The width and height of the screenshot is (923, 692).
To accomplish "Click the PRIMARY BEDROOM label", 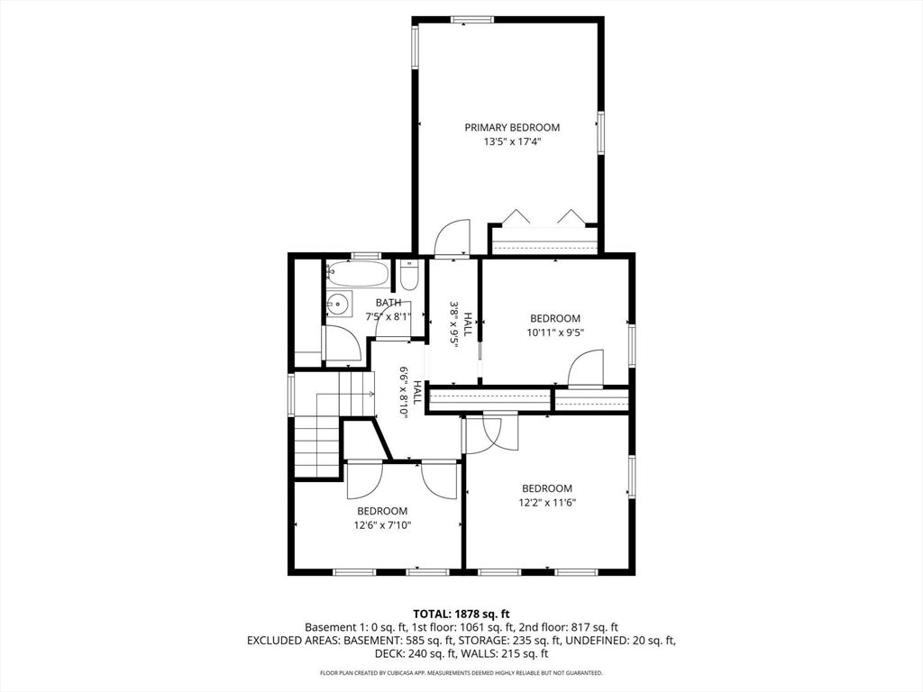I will point(512,127).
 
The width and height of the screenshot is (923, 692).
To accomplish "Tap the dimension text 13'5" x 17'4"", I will point(512,141).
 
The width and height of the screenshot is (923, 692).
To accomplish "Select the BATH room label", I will point(388,303).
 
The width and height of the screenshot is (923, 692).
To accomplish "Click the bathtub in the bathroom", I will point(357,272).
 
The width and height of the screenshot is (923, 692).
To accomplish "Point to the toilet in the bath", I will point(408,275).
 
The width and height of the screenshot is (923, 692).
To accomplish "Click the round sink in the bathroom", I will point(338,305).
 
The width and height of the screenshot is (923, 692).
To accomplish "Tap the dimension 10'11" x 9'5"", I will point(554,332).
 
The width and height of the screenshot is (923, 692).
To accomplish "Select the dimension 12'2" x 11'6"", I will point(546,502).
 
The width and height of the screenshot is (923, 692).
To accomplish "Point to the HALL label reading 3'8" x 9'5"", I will point(461,323).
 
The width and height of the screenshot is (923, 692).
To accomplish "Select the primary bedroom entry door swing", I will point(452,240).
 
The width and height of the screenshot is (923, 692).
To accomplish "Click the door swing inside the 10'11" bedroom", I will point(586,369).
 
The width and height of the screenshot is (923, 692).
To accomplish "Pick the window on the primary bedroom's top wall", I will point(471,19).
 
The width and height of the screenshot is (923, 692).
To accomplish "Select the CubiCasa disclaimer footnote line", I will point(461,673).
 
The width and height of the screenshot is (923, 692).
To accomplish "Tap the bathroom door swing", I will point(343,345).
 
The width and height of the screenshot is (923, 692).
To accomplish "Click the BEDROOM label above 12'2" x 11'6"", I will point(546,488).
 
